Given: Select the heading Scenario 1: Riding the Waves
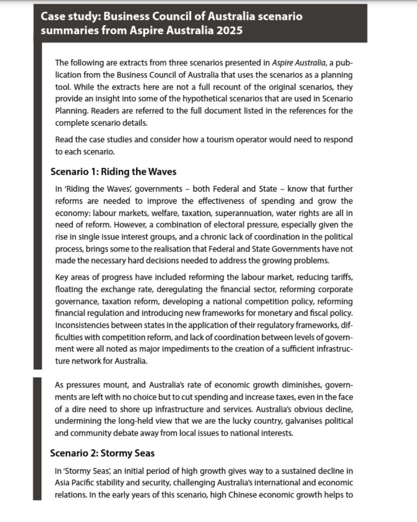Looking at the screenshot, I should [113, 172].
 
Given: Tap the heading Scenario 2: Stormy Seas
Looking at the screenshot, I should [102, 453].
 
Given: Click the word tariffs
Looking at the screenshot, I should [341, 277].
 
